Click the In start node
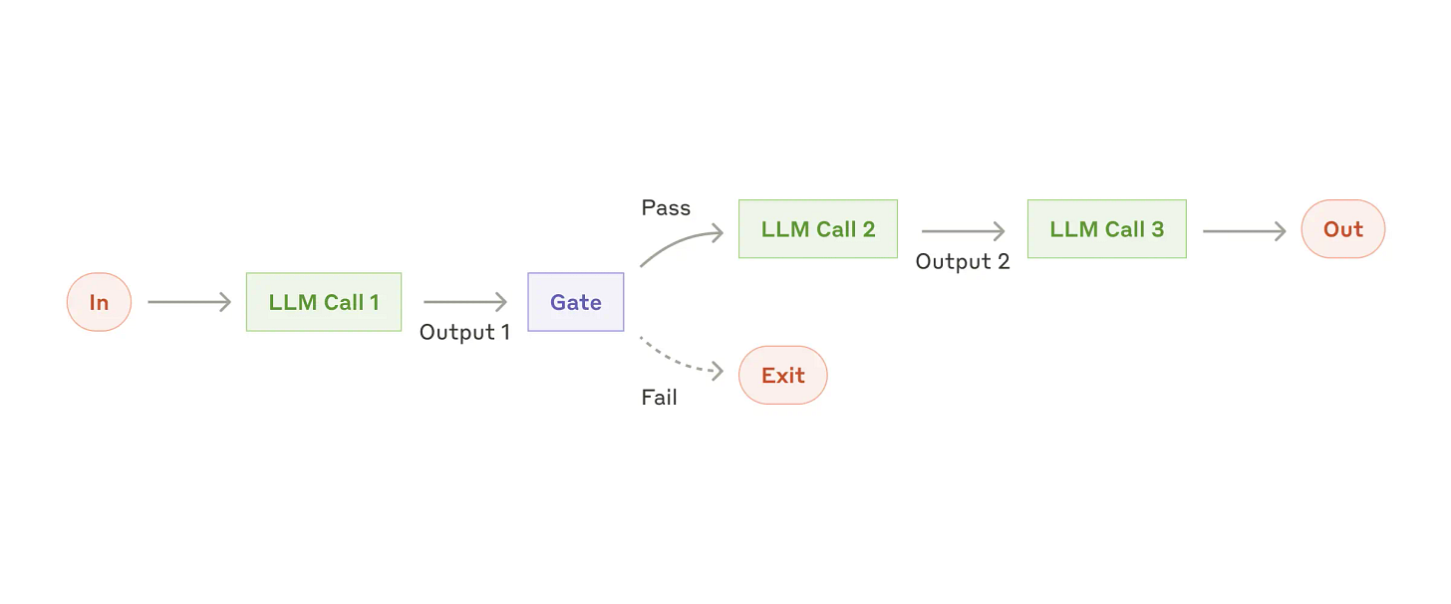click(x=99, y=302)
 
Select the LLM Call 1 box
click(x=324, y=302)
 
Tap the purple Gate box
click(x=575, y=302)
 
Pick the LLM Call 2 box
click(x=817, y=229)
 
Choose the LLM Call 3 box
click(x=1106, y=229)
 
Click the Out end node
click(x=1342, y=229)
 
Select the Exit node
click(x=782, y=376)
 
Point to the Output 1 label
click(x=464, y=333)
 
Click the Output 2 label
click(x=962, y=262)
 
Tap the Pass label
click(x=666, y=208)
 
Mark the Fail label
click(x=659, y=398)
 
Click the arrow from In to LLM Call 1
click(x=189, y=302)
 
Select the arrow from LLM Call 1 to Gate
click(x=465, y=302)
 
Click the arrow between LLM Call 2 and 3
click(x=963, y=232)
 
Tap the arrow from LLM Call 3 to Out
click(x=1244, y=232)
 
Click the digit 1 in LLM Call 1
click(x=375, y=303)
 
